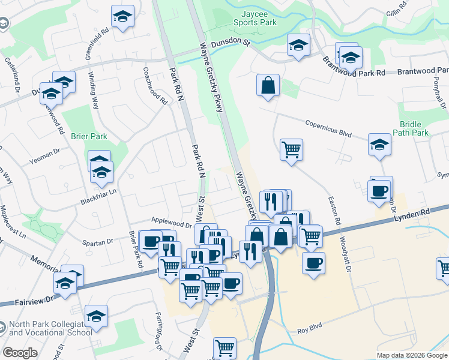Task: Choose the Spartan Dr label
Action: point(101,242)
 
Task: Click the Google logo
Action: point(20,353)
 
